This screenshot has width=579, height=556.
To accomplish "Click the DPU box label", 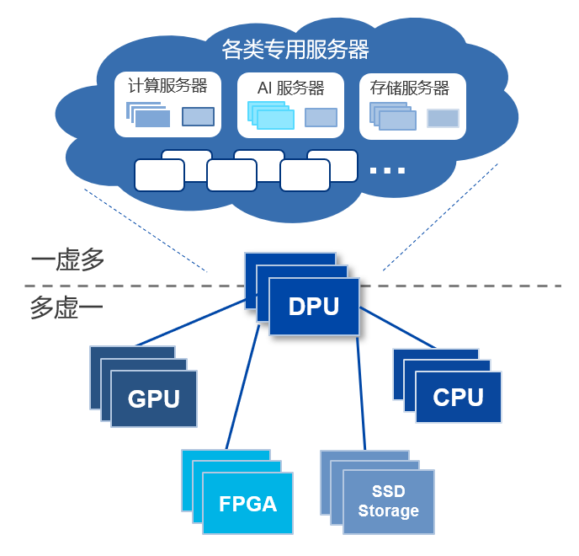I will tap(314, 307).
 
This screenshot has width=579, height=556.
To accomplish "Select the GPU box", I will tap(154, 398).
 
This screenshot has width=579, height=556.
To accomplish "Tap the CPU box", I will tap(459, 397).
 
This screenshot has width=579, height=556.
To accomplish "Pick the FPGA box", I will tap(247, 503).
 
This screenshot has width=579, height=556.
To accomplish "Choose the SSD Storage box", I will tap(388, 501).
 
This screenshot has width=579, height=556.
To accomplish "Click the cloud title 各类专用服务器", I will tap(295, 51).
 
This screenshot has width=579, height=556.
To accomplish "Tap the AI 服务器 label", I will tap(290, 88).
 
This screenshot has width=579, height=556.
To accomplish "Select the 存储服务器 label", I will tap(410, 88).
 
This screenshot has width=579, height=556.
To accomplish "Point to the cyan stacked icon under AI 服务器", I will tap(270, 115).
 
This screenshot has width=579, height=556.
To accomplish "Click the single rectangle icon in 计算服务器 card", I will tap(198, 117).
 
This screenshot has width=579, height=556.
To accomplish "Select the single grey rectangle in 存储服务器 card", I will tap(443, 118).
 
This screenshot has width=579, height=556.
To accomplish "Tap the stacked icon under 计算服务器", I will tap(149, 115).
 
